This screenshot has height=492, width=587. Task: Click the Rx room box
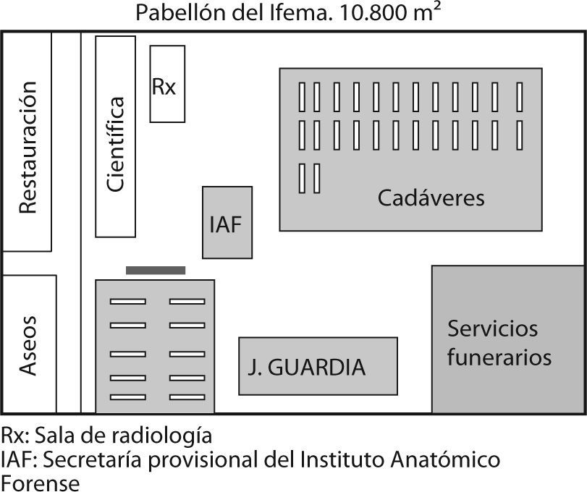coord(167,84)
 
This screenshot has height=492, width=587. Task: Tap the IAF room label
coord(227,224)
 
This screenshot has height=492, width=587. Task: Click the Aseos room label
coord(28,344)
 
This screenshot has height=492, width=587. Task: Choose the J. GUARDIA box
coord(318,366)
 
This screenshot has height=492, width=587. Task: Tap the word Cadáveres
coord(431,198)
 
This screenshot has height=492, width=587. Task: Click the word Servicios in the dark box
coord(492,328)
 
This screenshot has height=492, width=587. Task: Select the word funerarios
coord(499,357)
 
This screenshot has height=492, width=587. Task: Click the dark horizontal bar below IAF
coord(156,270)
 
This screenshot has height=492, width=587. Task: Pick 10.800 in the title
coord(366,14)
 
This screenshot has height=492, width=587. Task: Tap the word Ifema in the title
coord(293,14)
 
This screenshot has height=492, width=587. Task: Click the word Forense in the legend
coord(39,481)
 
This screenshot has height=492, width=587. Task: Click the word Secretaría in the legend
coord(80,459)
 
